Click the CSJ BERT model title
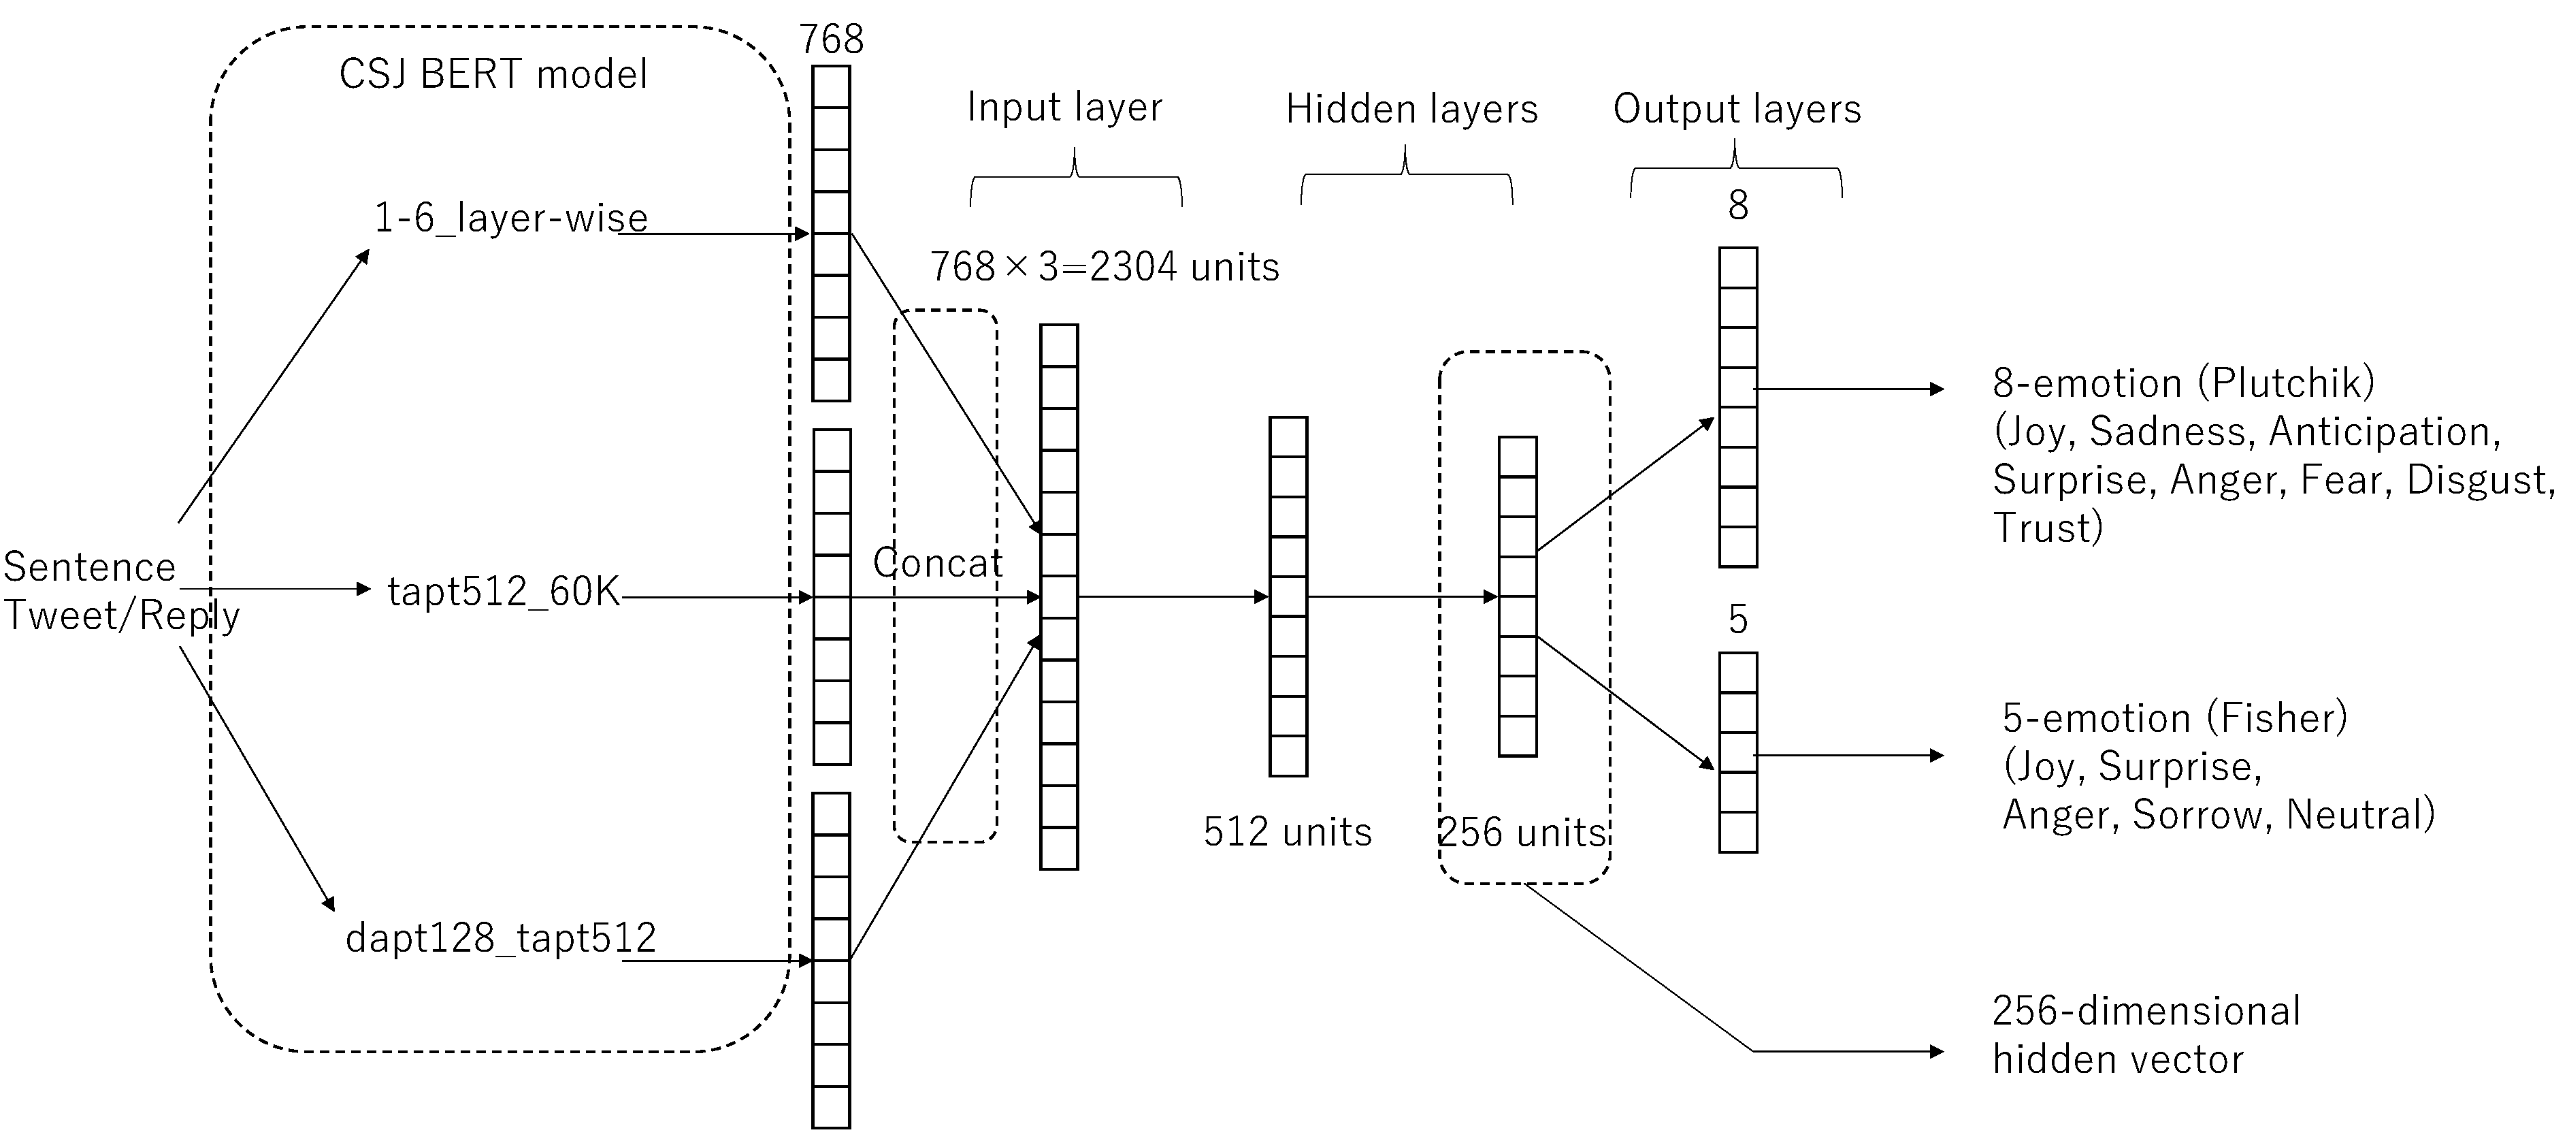tap(493, 74)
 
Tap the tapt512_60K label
tap(503, 592)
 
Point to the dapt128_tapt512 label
tap(500, 937)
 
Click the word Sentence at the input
tap(90, 567)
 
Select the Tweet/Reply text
tap(122, 616)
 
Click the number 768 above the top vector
tap(831, 40)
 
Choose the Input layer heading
tap(1064, 108)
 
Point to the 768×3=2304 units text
tap(1104, 267)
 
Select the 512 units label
tap(1288, 832)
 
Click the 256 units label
tap(1522, 832)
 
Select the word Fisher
tap(2276, 718)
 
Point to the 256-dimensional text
tap(2146, 1012)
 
